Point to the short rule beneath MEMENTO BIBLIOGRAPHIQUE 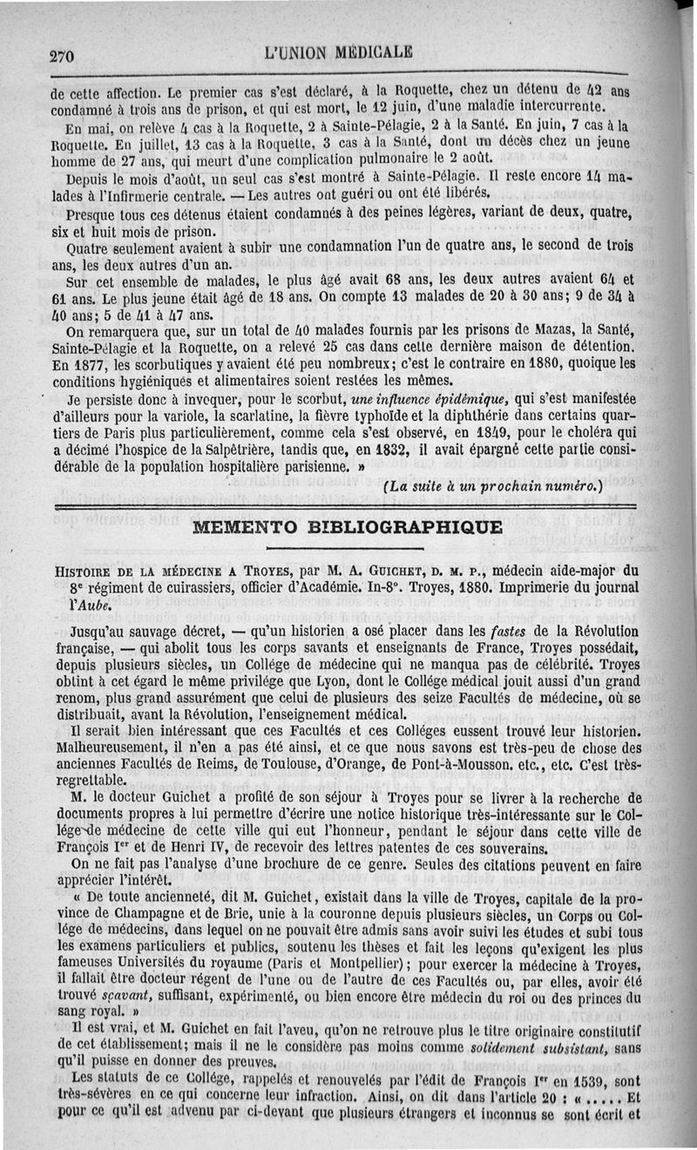[x=335, y=549]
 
